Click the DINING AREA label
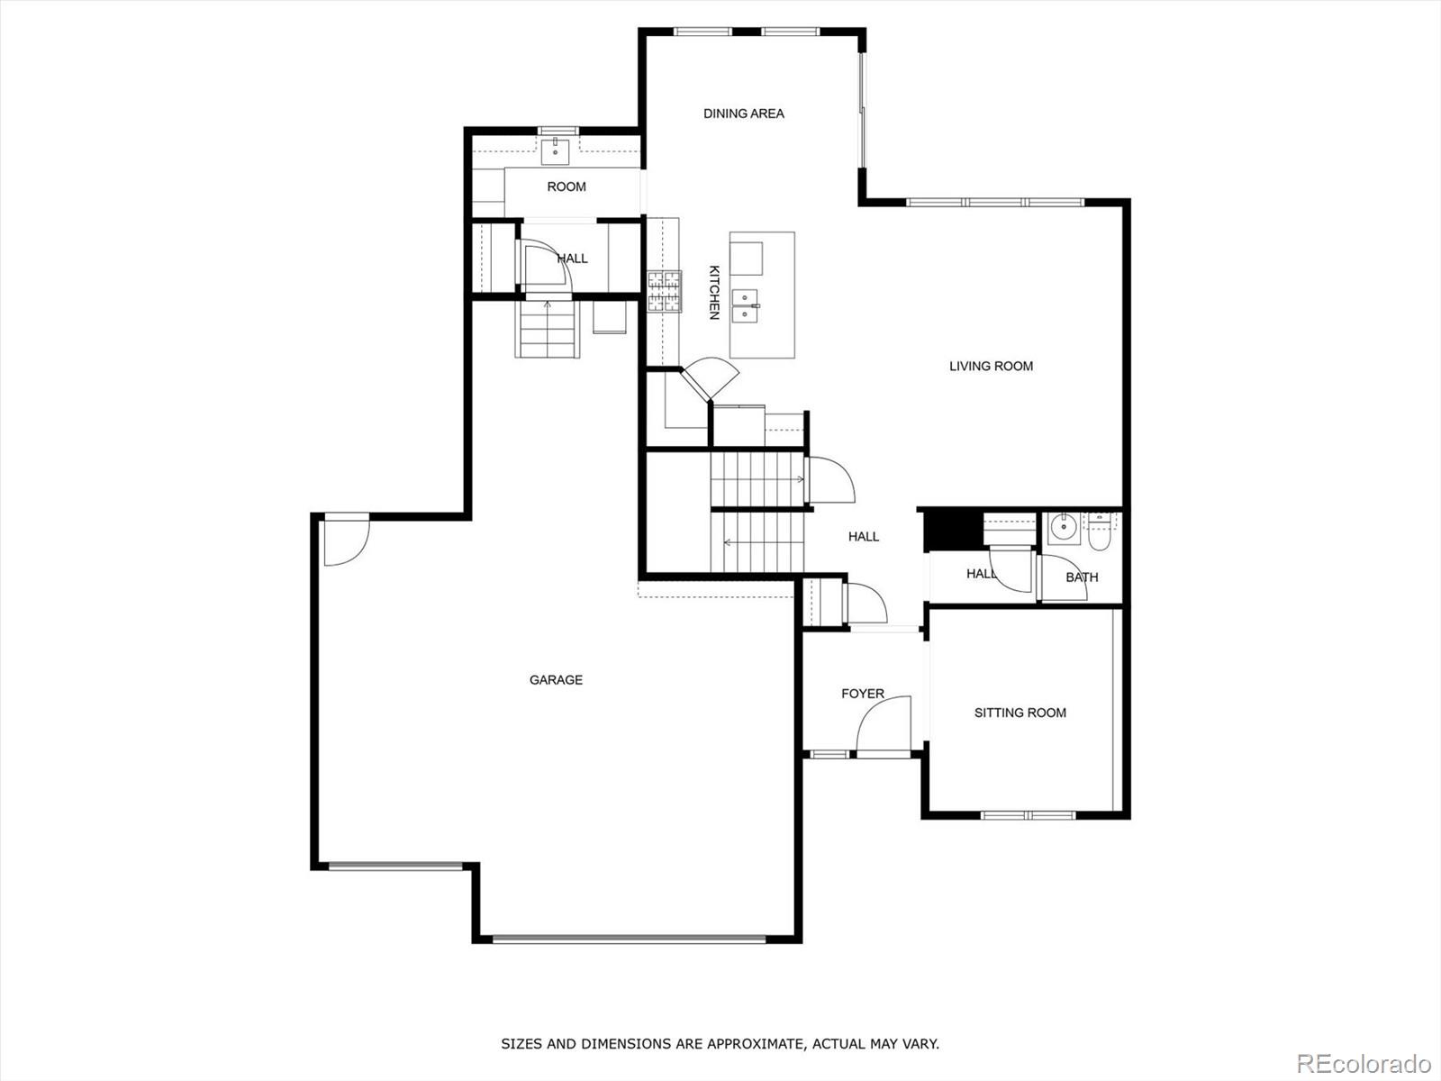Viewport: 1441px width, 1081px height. [x=743, y=114]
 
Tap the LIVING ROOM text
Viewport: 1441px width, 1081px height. [x=991, y=366]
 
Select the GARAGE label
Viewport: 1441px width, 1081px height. [x=556, y=680]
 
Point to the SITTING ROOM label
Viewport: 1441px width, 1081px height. [x=1020, y=713]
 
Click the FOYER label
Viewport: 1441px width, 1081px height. [x=863, y=694]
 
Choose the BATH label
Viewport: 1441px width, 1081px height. [x=1082, y=577]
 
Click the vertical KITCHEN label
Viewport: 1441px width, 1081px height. [x=713, y=292]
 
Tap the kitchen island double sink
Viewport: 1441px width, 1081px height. [x=746, y=306]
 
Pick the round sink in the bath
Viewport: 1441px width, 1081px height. [x=1064, y=528]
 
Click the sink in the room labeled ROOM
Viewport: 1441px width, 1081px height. [x=557, y=150]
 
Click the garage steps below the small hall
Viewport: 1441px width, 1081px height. [x=547, y=329]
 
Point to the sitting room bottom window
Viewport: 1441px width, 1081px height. [x=1028, y=815]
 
